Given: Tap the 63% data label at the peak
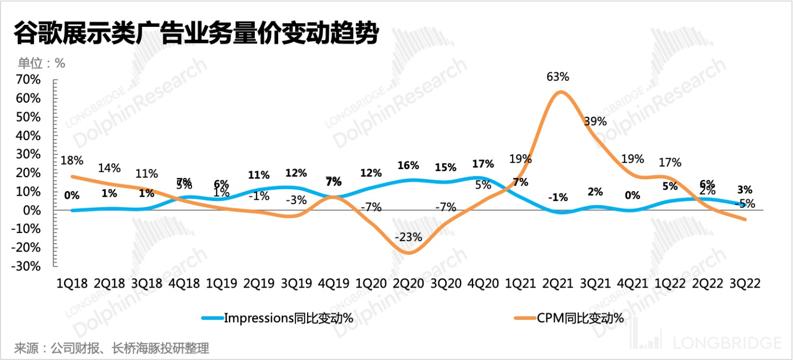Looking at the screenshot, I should (558, 77).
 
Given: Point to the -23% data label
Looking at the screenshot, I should (409, 237).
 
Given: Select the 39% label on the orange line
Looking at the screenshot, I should (595, 121).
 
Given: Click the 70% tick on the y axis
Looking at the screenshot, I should (28, 80).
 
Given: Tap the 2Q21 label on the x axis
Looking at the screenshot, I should (558, 283).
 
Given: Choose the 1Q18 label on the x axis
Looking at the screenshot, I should (73, 283).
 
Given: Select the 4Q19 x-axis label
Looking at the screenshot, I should (334, 283).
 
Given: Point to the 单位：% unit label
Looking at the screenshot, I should (41, 63).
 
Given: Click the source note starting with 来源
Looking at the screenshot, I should (112, 348).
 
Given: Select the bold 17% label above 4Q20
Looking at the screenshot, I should (483, 164).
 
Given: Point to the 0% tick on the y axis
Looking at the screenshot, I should (32, 210).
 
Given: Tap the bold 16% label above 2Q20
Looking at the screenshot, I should (408, 165).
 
